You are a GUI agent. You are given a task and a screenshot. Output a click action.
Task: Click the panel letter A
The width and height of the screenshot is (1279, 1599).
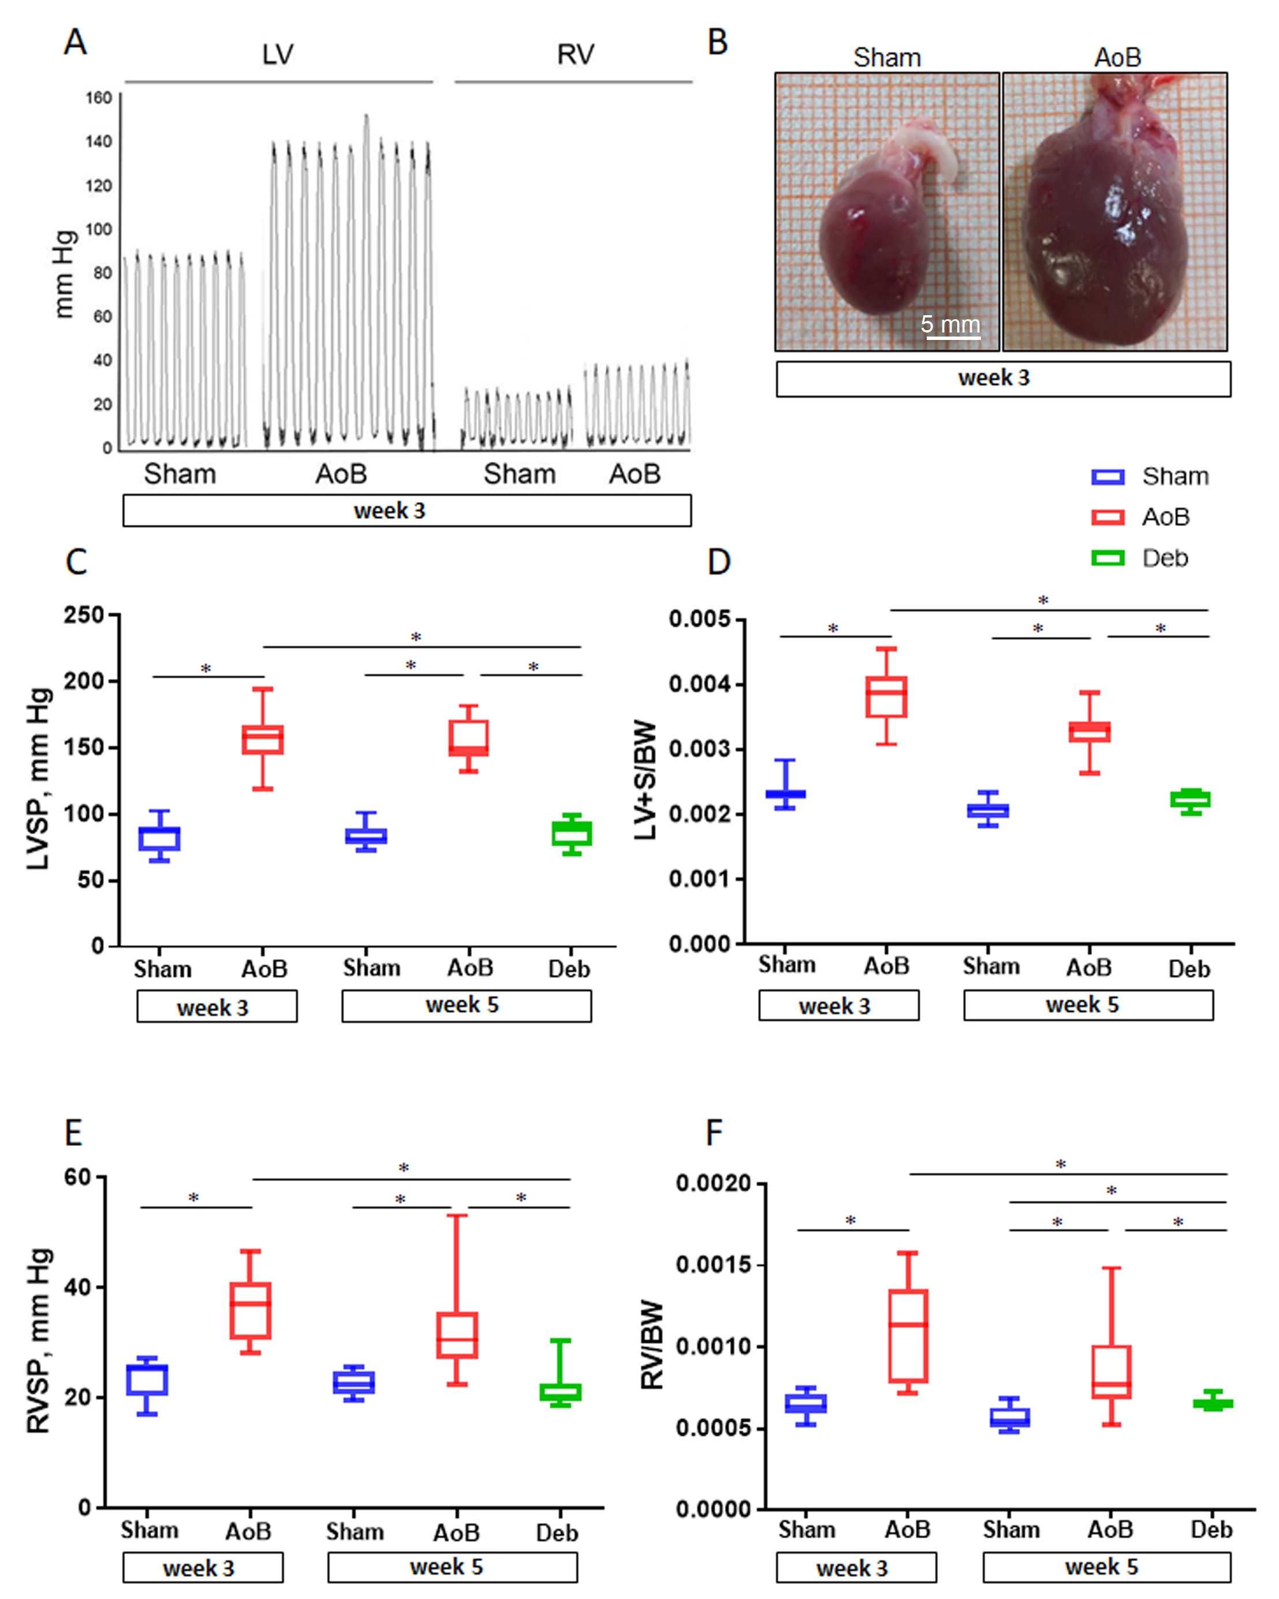75,42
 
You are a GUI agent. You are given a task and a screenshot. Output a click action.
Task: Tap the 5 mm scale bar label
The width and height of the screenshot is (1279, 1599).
950,324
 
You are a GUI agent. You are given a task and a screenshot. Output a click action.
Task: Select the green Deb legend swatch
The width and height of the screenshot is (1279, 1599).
1107,558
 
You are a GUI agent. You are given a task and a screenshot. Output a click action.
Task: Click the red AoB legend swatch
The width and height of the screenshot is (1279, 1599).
1107,517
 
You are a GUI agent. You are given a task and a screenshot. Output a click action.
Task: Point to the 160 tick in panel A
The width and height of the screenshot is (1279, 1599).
99,98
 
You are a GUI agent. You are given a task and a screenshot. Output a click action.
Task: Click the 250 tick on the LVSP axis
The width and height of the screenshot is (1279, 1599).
83,615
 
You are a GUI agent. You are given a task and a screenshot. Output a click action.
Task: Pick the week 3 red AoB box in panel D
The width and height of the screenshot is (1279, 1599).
886,696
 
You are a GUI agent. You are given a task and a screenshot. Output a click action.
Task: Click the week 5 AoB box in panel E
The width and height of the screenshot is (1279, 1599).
456,1335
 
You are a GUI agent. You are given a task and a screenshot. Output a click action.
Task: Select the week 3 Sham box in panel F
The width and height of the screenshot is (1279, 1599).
806,1403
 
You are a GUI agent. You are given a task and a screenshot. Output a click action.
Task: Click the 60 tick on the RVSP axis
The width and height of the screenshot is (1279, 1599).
77,1177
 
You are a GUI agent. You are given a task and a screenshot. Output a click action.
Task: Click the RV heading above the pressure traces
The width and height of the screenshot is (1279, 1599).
575,55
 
